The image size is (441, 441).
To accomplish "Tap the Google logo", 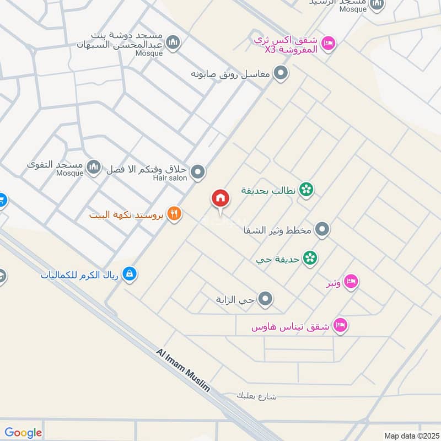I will click(x=23, y=433).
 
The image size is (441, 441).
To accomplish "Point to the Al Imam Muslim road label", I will click(x=183, y=370).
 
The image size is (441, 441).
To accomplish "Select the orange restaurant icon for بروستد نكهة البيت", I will click(x=175, y=214).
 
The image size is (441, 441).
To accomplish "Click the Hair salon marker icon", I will click(x=198, y=172).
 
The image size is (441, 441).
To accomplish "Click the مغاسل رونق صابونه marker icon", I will click(x=281, y=73).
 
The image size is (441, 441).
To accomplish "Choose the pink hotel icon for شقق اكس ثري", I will click(x=328, y=42).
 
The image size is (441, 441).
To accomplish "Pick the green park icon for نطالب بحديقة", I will click(x=306, y=190).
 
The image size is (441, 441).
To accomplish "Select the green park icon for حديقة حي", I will click(x=310, y=258).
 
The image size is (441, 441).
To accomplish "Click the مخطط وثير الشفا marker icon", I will click(x=323, y=229).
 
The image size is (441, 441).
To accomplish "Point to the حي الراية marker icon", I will click(x=266, y=300).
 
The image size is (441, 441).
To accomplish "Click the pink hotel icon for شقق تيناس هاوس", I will click(x=341, y=326).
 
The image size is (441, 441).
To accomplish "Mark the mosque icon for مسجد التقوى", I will click(x=94, y=166).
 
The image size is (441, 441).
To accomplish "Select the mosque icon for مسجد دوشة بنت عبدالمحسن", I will click(x=173, y=42).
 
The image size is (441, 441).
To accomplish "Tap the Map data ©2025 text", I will click(x=411, y=435).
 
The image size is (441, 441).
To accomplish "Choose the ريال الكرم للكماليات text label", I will click(x=80, y=274).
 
